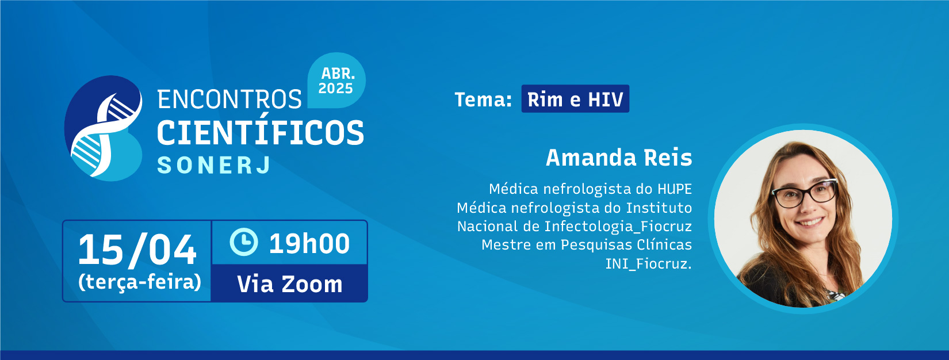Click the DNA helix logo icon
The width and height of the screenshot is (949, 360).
click(104, 128)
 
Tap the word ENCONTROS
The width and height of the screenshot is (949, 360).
click(229, 99)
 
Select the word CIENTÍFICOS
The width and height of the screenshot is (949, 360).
click(261, 133)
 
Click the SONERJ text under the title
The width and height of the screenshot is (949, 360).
click(214, 165)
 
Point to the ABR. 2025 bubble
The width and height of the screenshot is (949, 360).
click(336, 81)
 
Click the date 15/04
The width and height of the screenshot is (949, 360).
click(137, 250)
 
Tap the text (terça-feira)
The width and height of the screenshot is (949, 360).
click(140, 282)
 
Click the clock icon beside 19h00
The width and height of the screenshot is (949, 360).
click(244, 242)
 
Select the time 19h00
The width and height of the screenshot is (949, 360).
click(309, 243)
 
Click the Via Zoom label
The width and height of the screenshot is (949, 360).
click(290, 284)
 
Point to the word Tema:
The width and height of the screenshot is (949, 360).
click(483, 100)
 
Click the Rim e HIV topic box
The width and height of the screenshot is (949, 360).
click(575, 99)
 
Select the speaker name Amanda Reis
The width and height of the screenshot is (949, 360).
click(619, 158)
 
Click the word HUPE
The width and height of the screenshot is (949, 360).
click(675, 189)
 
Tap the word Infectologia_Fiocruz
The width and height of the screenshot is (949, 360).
click(618, 227)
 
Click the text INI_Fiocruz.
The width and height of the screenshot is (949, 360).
click(648, 264)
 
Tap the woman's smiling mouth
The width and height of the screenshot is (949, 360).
click(810, 222)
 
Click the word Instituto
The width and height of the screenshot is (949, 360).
click(659, 208)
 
